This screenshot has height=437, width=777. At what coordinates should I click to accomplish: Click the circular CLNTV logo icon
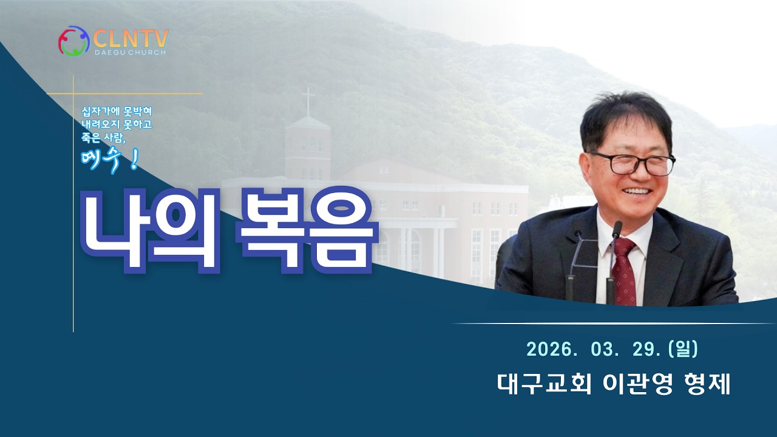pos(73,41)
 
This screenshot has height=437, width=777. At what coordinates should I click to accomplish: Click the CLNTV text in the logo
pos(131,38)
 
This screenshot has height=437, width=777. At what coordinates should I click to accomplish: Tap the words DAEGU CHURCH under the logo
pos(130,53)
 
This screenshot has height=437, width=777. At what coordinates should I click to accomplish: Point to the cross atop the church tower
pos(308,100)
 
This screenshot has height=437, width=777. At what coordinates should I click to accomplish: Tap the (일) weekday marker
pos(683,349)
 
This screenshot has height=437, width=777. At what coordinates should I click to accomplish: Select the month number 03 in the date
pos(601,350)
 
